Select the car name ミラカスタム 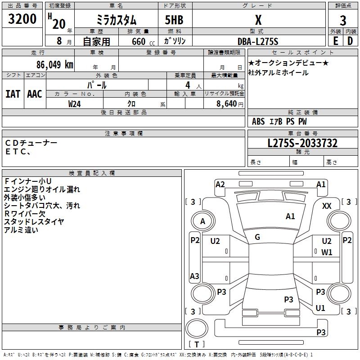coord(116,20)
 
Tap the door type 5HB coord(171,20)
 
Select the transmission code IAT coord(13,94)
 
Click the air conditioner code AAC coord(34,94)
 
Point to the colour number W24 coord(75,103)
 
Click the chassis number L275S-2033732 coord(302,143)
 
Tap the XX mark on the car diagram coord(327,206)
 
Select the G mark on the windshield coord(257,237)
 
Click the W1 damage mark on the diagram coord(327,252)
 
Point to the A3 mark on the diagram coord(194,276)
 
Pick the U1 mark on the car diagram coord(320,308)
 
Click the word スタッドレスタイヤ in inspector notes coord(34,221)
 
